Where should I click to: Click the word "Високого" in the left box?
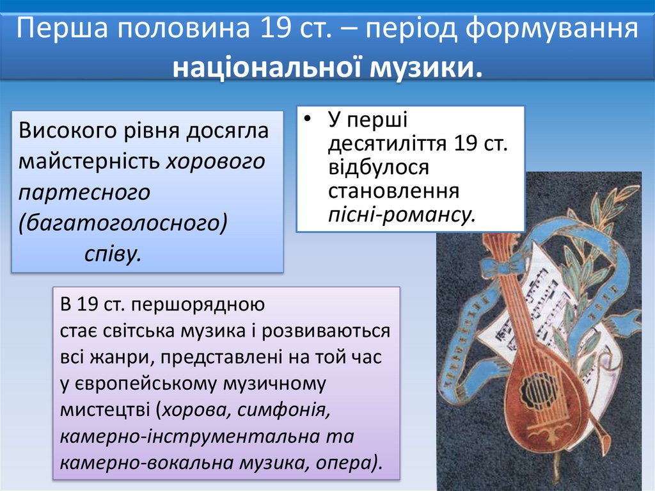(x=70, y=131)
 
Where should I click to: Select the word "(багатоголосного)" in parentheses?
(x=123, y=222)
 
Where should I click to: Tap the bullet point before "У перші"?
(x=308, y=120)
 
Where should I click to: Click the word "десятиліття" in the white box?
(x=387, y=143)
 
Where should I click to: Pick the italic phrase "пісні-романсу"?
(x=402, y=214)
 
